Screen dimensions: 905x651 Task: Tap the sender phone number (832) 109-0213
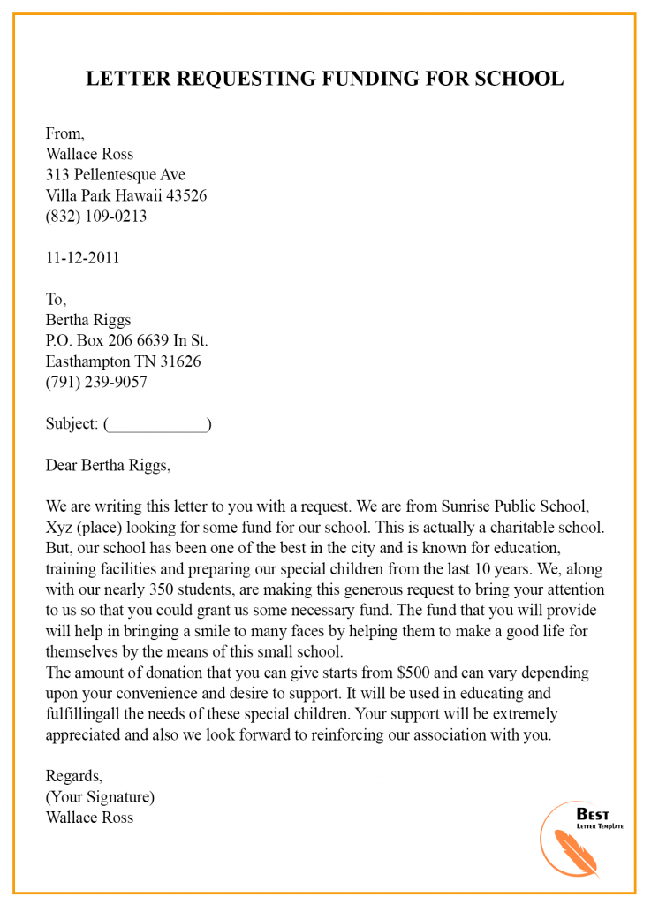click(x=96, y=216)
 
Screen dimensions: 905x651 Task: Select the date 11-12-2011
click(x=82, y=258)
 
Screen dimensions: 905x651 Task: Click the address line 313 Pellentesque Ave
click(x=116, y=174)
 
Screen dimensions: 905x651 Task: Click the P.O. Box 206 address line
click(x=126, y=340)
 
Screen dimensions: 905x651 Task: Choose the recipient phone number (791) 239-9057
click(x=96, y=382)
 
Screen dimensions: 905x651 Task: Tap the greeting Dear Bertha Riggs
click(x=108, y=465)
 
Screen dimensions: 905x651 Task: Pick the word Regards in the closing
click(x=73, y=776)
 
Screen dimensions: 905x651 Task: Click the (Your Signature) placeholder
click(x=100, y=796)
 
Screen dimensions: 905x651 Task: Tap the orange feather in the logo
click(x=574, y=850)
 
